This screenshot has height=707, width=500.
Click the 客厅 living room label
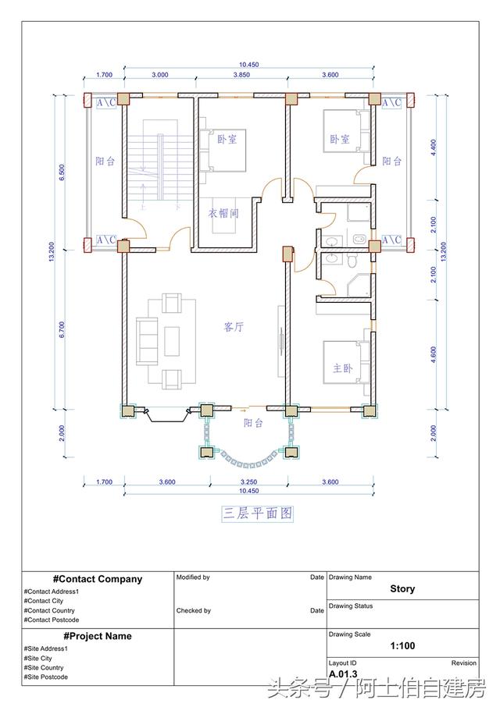point(234,328)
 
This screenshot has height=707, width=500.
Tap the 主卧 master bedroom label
point(342,368)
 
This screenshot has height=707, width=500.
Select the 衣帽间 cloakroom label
point(223,212)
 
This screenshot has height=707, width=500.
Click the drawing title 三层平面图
point(257,513)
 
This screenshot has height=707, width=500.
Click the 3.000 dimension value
point(159,76)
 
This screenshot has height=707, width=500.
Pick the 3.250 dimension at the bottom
point(248,482)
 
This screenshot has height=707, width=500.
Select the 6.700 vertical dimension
point(62,330)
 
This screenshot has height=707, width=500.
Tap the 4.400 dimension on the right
point(434,148)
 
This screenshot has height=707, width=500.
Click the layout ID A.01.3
point(342,674)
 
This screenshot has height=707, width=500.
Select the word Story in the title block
point(402,589)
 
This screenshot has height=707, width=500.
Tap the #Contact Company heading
point(98,579)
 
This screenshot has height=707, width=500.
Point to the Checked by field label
point(194,611)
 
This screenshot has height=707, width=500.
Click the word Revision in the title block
point(463,663)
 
